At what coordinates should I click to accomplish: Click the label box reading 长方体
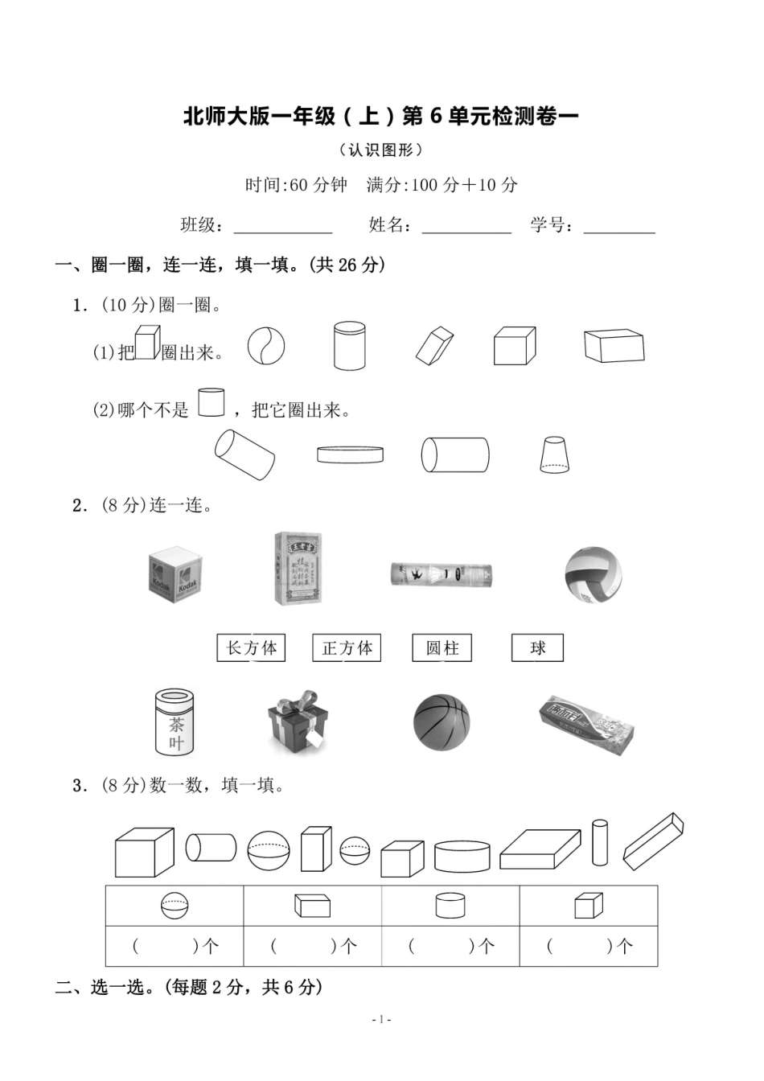(x=251, y=647)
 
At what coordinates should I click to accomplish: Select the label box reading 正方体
(x=347, y=647)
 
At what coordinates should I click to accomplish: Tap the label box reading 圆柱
(x=442, y=647)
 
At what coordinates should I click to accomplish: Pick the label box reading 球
(x=537, y=647)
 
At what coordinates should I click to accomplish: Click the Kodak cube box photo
(x=175, y=574)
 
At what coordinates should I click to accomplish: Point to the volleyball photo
(x=594, y=574)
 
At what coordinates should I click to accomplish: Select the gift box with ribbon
(x=298, y=720)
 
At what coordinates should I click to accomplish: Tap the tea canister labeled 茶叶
(x=175, y=721)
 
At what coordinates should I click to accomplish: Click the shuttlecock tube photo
(x=442, y=574)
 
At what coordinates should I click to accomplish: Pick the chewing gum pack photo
(x=585, y=724)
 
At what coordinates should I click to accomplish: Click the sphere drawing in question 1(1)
(x=266, y=347)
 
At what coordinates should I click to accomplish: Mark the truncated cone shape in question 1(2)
(x=555, y=455)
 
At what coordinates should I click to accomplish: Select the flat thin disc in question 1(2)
(x=350, y=455)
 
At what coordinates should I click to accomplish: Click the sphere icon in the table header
(x=175, y=906)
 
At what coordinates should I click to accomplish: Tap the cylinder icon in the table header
(x=450, y=906)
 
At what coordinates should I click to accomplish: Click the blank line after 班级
(x=283, y=227)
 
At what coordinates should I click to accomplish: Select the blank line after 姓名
(x=466, y=227)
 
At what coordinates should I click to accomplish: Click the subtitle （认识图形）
(x=381, y=150)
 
